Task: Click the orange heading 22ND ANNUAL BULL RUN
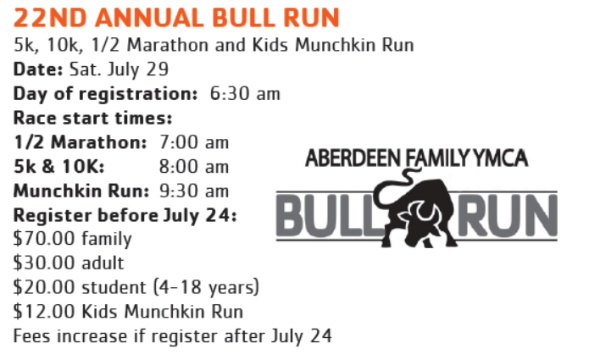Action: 176,18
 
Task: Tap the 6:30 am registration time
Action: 245,93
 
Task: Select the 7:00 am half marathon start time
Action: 194,142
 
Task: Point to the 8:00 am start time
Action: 194,167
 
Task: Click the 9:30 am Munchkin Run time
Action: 194,191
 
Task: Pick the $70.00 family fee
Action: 73,239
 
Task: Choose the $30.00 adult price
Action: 69,263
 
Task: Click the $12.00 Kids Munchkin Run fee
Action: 128,312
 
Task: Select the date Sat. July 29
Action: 119,69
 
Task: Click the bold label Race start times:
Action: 92,118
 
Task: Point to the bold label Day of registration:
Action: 105,94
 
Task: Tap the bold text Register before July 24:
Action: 125,215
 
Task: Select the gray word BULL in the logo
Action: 330,215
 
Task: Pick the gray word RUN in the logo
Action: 507,215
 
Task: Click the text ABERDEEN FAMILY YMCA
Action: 417,158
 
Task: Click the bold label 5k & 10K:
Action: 59,167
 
